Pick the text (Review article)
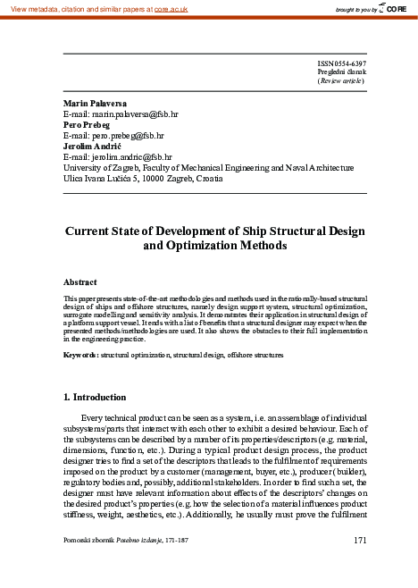tap(341, 81)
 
